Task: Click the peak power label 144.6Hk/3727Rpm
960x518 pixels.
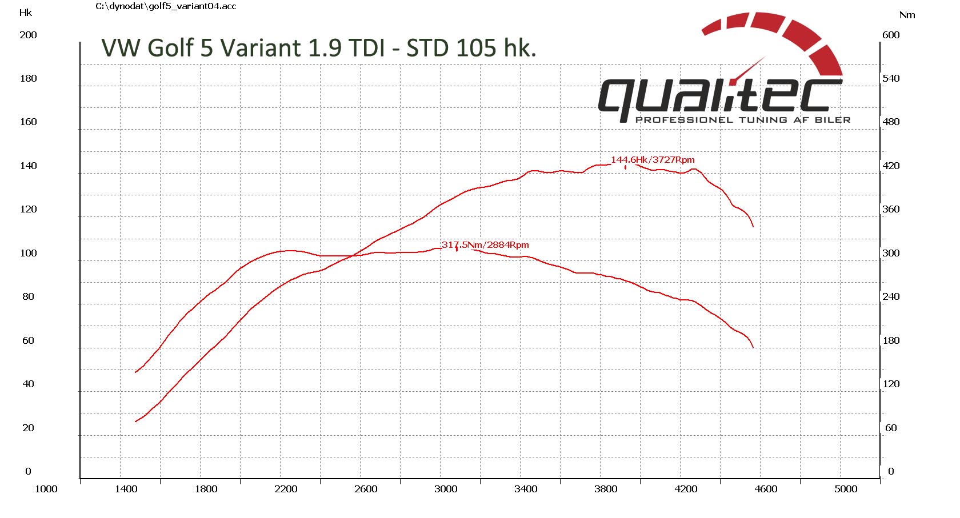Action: (x=653, y=160)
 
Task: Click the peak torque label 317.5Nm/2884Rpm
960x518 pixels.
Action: (x=485, y=245)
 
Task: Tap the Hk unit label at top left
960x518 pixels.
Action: (x=26, y=13)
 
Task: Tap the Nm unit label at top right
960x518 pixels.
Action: (x=907, y=15)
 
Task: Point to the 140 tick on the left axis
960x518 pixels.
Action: (x=28, y=166)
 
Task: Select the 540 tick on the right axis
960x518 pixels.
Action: (x=891, y=78)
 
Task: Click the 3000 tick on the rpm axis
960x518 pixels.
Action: (x=446, y=489)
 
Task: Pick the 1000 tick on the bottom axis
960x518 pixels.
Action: (x=46, y=489)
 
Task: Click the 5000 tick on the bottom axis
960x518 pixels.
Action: (x=846, y=489)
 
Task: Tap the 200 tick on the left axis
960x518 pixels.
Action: (x=28, y=35)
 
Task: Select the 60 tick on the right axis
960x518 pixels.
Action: (x=891, y=428)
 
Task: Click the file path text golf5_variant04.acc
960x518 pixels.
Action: (x=166, y=6)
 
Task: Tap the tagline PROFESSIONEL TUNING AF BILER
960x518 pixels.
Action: (x=743, y=120)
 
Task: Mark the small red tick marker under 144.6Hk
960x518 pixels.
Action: (x=626, y=167)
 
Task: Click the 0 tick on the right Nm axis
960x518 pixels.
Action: (x=891, y=472)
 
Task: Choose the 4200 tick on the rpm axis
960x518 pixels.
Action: (x=686, y=489)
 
